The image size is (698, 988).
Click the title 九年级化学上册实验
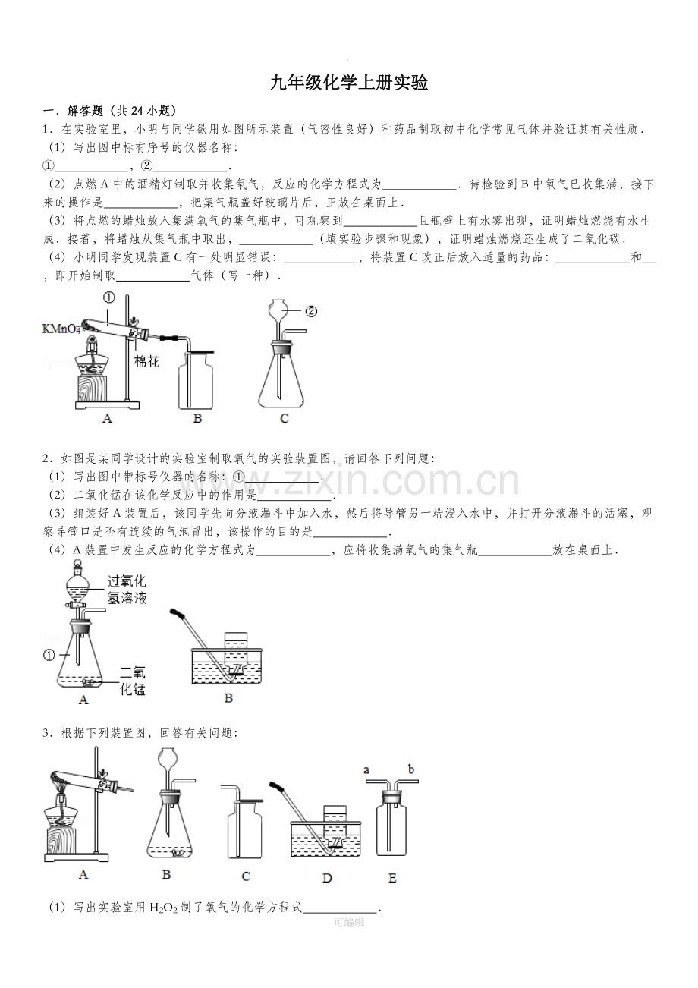tap(349, 83)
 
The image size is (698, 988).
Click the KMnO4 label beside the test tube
tap(61, 329)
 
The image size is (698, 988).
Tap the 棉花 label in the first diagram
tap(147, 362)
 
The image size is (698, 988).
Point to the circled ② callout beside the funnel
tap(311, 311)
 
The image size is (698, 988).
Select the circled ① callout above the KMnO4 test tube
tap(109, 297)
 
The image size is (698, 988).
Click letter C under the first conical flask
tap(285, 418)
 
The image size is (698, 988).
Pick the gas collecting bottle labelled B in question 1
tap(196, 379)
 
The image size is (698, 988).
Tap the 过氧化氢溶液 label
tap(127, 590)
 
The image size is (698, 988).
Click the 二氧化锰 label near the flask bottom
tap(133, 681)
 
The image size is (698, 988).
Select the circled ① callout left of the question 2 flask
tap(49, 656)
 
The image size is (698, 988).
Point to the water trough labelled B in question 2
tap(227, 665)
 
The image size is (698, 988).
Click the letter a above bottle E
tap(366, 769)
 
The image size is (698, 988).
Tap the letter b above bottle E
tap(411, 769)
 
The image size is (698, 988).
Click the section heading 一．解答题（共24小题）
tap(110, 110)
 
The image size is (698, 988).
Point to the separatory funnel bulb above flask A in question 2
tap(78, 587)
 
